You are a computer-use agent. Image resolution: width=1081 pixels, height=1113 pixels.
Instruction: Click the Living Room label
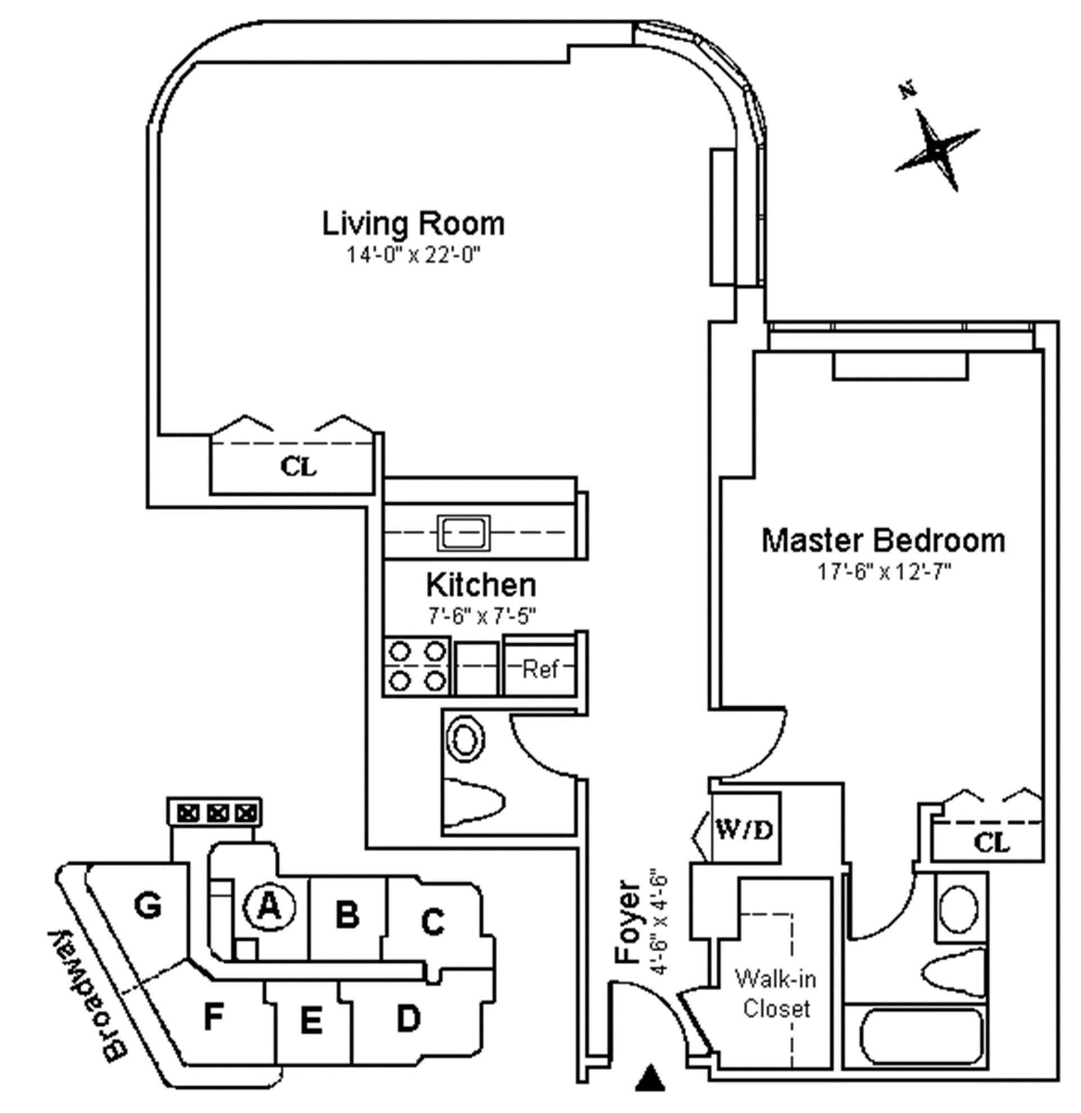pyautogui.click(x=413, y=224)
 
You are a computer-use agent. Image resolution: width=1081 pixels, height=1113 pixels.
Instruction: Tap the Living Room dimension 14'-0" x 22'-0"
pyautogui.click(x=414, y=256)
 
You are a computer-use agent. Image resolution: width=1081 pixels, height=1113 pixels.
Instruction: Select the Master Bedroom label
pyautogui.click(x=883, y=540)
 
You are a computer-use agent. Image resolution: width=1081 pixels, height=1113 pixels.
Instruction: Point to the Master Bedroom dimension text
pyautogui.click(x=884, y=572)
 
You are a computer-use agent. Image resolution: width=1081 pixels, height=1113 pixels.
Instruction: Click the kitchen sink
pyautogui.click(x=463, y=533)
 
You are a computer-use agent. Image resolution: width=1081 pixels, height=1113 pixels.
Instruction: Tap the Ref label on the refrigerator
pyautogui.click(x=540, y=670)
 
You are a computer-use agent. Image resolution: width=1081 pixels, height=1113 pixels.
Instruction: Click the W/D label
pyautogui.click(x=744, y=831)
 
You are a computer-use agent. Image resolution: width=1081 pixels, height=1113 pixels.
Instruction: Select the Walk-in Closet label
pyautogui.click(x=776, y=994)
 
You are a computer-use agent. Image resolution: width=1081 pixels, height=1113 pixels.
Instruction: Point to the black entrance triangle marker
pyautogui.click(x=650, y=1078)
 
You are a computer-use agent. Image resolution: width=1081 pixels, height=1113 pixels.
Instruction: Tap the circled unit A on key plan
pyautogui.click(x=269, y=907)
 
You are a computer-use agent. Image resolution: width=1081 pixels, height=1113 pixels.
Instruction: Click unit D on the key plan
pyautogui.click(x=409, y=1018)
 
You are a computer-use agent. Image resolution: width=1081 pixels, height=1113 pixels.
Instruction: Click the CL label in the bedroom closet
pyautogui.click(x=992, y=842)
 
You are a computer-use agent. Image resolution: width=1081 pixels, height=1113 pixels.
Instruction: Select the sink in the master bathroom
pyautogui.click(x=959, y=909)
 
